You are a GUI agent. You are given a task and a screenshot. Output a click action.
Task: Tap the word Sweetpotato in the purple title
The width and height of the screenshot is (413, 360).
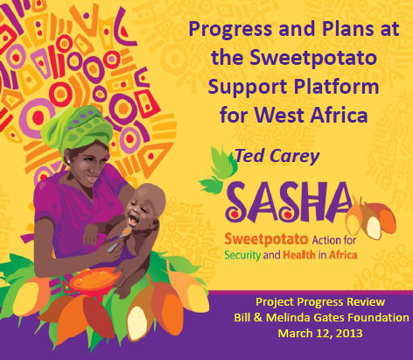[x=313, y=57]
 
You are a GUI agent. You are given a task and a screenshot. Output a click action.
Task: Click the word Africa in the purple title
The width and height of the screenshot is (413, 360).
[x=339, y=115]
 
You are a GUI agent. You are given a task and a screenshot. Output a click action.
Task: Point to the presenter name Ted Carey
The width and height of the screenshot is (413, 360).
[x=277, y=156]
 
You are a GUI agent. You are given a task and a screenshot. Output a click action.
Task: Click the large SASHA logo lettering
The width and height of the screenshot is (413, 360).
[x=289, y=202]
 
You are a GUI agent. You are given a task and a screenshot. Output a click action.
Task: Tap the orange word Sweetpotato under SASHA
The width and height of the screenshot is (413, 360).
[x=266, y=240]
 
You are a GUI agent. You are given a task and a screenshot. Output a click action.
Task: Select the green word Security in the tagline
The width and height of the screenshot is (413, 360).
[x=242, y=255]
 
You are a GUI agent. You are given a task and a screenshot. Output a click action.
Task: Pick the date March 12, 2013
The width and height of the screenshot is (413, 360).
[x=320, y=333]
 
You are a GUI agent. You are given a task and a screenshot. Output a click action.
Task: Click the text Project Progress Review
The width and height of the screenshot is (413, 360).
[x=320, y=302]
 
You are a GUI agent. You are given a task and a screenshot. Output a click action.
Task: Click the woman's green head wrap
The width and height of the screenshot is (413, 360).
[x=77, y=129]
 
